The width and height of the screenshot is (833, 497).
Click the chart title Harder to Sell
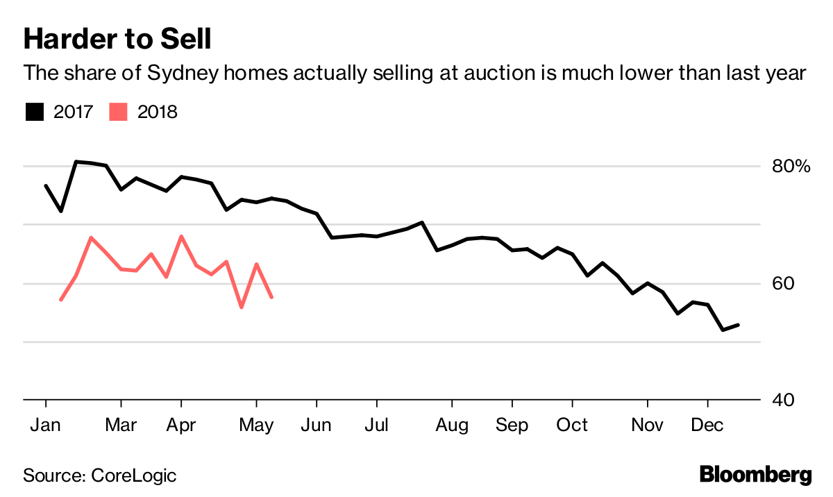tap(117, 40)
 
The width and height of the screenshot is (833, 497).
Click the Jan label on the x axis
tap(45, 425)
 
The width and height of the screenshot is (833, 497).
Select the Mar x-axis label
tap(121, 425)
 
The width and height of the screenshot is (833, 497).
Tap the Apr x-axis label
tap(181, 425)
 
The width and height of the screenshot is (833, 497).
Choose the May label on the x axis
tap(257, 425)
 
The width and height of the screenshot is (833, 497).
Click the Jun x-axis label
tap(317, 425)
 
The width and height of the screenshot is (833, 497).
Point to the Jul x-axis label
tap(376, 425)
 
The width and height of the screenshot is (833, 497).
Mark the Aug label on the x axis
tap(451, 425)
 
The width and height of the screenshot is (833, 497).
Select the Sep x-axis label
tap(512, 425)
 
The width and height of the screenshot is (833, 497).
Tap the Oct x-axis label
tap(572, 425)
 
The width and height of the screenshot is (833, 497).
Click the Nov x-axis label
tap(648, 425)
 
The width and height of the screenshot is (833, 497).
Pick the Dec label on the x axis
tap(707, 425)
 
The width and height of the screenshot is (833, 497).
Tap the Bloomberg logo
tap(755, 475)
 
